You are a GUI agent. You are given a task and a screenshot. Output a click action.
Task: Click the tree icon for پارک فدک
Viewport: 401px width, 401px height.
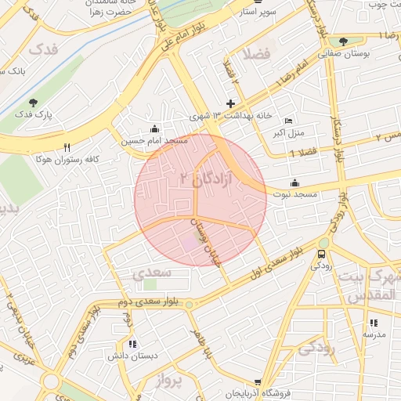[x=32, y=102]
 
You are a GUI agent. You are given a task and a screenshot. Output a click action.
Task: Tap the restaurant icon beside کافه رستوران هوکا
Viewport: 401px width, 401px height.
[x=67, y=147]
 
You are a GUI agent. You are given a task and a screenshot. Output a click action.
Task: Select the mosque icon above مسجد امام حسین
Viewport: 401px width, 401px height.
[x=154, y=129]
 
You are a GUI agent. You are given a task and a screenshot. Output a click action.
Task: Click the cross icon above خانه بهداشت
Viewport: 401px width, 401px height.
[x=230, y=103]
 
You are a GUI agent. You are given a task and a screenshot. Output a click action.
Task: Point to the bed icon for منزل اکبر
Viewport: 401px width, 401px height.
[x=288, y=121]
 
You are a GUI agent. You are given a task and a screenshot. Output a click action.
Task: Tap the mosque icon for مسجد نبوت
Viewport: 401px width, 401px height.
[x=294, y=182]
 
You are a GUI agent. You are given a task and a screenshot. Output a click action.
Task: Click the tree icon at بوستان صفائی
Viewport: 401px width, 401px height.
[x=344, y=42]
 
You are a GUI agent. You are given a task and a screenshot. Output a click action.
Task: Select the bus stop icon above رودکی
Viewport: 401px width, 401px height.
[x=322, y=255]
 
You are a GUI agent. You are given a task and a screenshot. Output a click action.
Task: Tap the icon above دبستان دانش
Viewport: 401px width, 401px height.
[x=132, y=344]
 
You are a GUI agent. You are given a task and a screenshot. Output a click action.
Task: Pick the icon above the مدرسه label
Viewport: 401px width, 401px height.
[x=373, y=323]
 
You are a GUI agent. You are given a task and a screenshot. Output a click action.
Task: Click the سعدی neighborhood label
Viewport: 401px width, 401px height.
[x=150, y=273]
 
